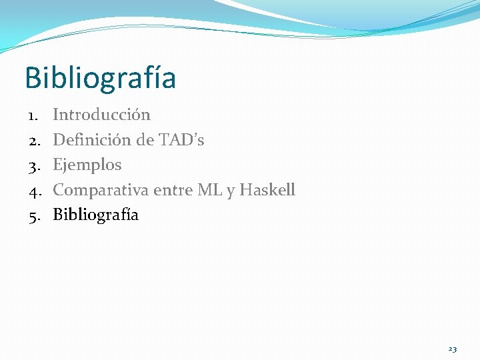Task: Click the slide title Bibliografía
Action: click(x=100, y=79)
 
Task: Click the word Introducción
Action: click(x=101, y=115)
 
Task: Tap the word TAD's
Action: click(x=181, y=140)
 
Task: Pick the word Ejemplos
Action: click(x=87, y=165)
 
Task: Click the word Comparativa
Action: click(x=101, y=190)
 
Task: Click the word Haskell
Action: click(x=267, y=190)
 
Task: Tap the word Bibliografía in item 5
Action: click(x=95, y=215)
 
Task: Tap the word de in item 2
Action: click(x=146, y=140)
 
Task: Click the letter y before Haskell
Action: click(x=230, y=191)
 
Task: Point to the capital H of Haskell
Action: click(x=245, y=190)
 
